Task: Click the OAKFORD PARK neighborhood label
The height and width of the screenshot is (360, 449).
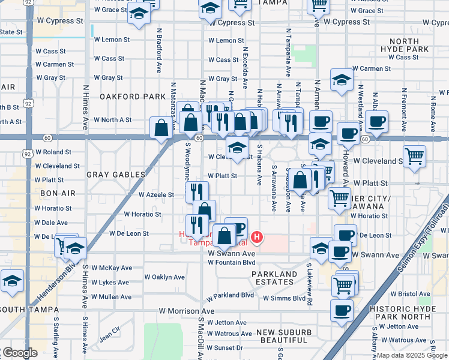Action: (132, 96)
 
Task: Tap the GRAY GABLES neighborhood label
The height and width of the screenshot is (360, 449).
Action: (116, 175)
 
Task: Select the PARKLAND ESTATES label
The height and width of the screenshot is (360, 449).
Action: (274, 279)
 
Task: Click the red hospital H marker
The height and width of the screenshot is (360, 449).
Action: (257, 238)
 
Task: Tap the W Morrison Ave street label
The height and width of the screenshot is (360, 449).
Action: (186, 311)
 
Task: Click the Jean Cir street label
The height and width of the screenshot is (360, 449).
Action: (110, 329)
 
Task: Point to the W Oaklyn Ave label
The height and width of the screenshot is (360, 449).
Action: (164, 277)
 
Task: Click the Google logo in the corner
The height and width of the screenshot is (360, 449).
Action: (19, 353)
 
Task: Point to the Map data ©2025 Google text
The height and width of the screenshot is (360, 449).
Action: (411, 355)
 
